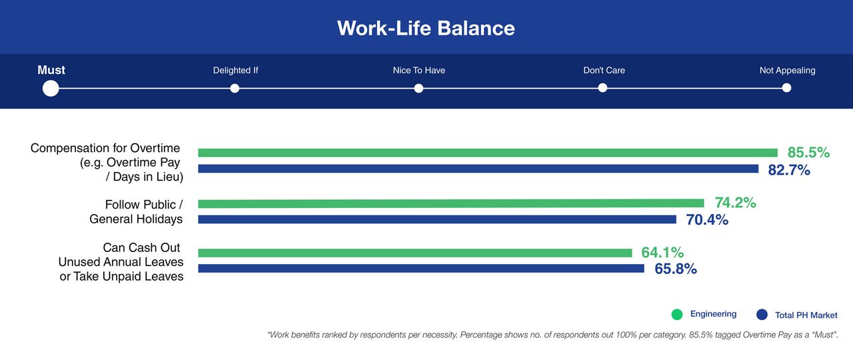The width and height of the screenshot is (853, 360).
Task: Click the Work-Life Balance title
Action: [426, 28]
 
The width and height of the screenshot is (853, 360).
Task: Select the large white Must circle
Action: [51, 89]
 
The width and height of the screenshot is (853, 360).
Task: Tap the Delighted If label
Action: [235, 70]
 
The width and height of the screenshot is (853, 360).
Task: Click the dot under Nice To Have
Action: [419, 89]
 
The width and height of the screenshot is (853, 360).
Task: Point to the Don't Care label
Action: [604, 70]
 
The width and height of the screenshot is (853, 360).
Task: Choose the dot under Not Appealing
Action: [786, 88]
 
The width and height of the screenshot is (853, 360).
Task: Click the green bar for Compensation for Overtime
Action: [488, 153]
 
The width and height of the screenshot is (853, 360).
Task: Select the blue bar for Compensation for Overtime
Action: [478, 169]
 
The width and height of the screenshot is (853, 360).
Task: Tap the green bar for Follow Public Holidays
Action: [451, 203]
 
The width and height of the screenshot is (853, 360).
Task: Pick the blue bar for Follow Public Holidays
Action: [437, 219]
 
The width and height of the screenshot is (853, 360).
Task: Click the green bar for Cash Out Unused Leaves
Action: [415, 253]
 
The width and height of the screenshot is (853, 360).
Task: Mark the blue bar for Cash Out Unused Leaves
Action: [421, 269]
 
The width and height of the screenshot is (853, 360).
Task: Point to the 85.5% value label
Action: [808, 153]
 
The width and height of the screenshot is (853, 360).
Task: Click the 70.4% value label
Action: [707, 220]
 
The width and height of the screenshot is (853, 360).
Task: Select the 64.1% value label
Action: [662, 252]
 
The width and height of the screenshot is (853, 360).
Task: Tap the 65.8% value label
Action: [676, 269]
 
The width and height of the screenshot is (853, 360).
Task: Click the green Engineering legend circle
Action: [677, 315]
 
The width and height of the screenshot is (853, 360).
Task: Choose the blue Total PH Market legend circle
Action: [762, 315]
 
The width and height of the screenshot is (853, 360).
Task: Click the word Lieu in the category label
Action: [170, 177]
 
